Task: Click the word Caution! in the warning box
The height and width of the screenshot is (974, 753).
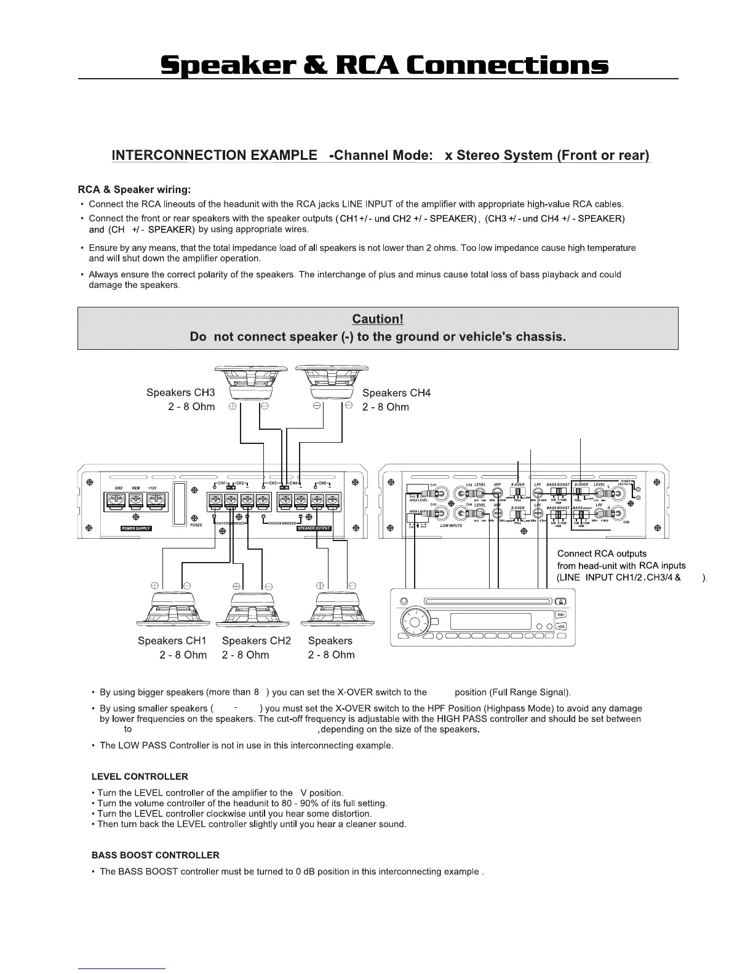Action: [377, 319]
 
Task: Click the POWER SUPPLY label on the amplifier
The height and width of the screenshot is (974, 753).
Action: [135, 528]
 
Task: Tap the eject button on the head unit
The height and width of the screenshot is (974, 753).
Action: [560, 601]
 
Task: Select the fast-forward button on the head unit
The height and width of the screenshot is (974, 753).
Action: [560, 614]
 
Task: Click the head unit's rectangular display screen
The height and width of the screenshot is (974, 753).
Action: [490, 621]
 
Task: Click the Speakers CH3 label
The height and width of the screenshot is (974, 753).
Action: [180, 392]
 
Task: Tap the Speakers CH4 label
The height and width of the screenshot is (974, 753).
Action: [396, 393]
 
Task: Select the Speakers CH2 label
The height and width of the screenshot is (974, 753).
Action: [256, 641]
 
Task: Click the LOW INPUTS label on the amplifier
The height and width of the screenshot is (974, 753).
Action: [451, 526]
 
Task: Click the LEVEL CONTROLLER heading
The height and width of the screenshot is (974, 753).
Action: [140, 777]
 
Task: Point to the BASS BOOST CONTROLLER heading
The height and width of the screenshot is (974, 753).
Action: [155, 855]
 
